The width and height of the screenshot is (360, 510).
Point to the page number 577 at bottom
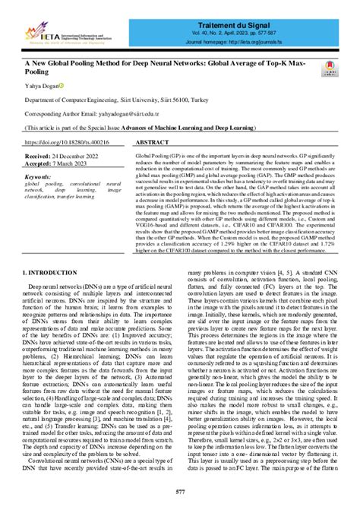[x=179, y=493]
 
